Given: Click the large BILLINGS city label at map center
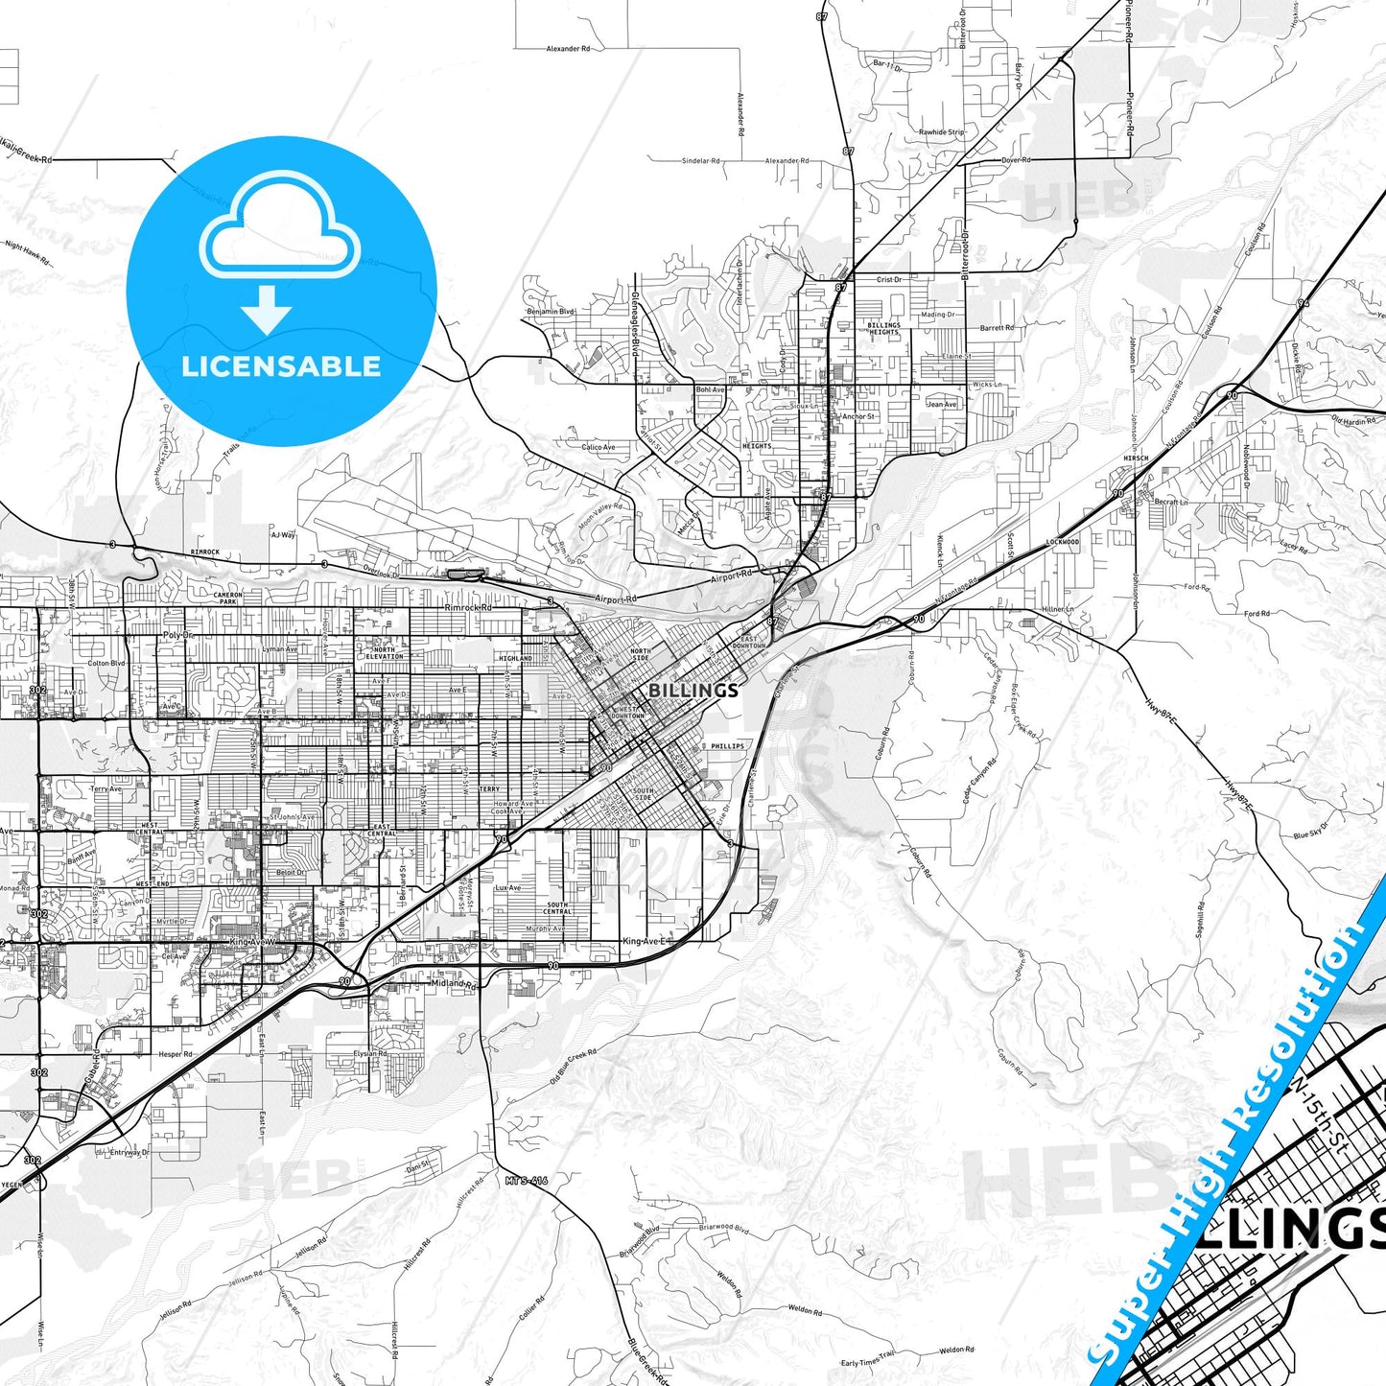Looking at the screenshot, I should [x=693, y=691].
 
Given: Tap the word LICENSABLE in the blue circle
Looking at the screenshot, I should [x=281, y=366].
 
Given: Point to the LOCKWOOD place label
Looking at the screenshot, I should [x=1062, y=542].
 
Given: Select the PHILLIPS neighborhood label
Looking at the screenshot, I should [x=727, y=745].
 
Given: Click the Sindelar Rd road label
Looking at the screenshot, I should [x=701, y=161].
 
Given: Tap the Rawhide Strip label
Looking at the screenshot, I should [x=941, y=132].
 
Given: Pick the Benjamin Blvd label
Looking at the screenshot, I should [x=551, y=312].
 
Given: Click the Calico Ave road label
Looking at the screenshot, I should [x=599, y=447].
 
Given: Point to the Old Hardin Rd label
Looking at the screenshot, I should [x=1352, y=419].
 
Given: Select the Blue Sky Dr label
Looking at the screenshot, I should [x=1310, y=831].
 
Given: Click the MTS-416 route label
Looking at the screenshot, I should [x=527, y=1180].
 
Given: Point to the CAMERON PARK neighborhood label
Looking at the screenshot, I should [x=227, y=598].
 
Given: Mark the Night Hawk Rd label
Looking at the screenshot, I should [x=27, y=252].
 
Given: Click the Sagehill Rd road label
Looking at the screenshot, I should [x=1200, y=919].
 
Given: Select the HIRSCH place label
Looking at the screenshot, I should [x=1136, y=458].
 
